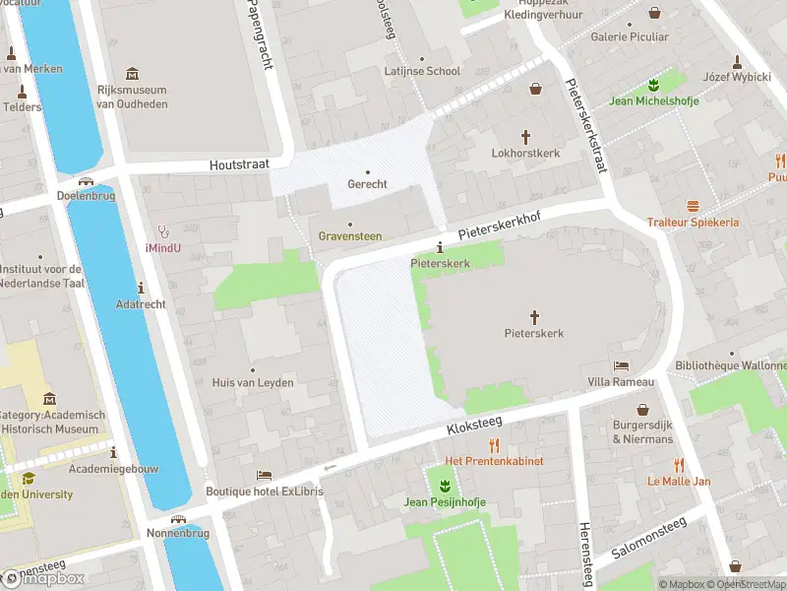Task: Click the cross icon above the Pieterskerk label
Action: coord(535,316)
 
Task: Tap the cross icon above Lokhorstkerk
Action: coord(525,136)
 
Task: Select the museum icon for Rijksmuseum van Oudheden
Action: coord(133,73)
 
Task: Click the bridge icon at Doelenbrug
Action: coord(88,181)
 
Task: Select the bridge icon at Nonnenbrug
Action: coord(178,519)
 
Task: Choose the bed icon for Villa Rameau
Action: coord(621,365)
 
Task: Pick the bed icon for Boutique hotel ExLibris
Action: coord(263,475)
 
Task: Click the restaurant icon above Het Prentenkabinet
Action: coord(494,445)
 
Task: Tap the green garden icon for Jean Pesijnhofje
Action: coord(445,486)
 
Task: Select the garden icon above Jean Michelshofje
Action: coord(651,84)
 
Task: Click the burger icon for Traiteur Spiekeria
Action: coord(693,206)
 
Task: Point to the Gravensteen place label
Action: coord(350,236)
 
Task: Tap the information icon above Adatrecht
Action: coord(141,288)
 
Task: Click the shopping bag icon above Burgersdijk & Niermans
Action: coord(642,409)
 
